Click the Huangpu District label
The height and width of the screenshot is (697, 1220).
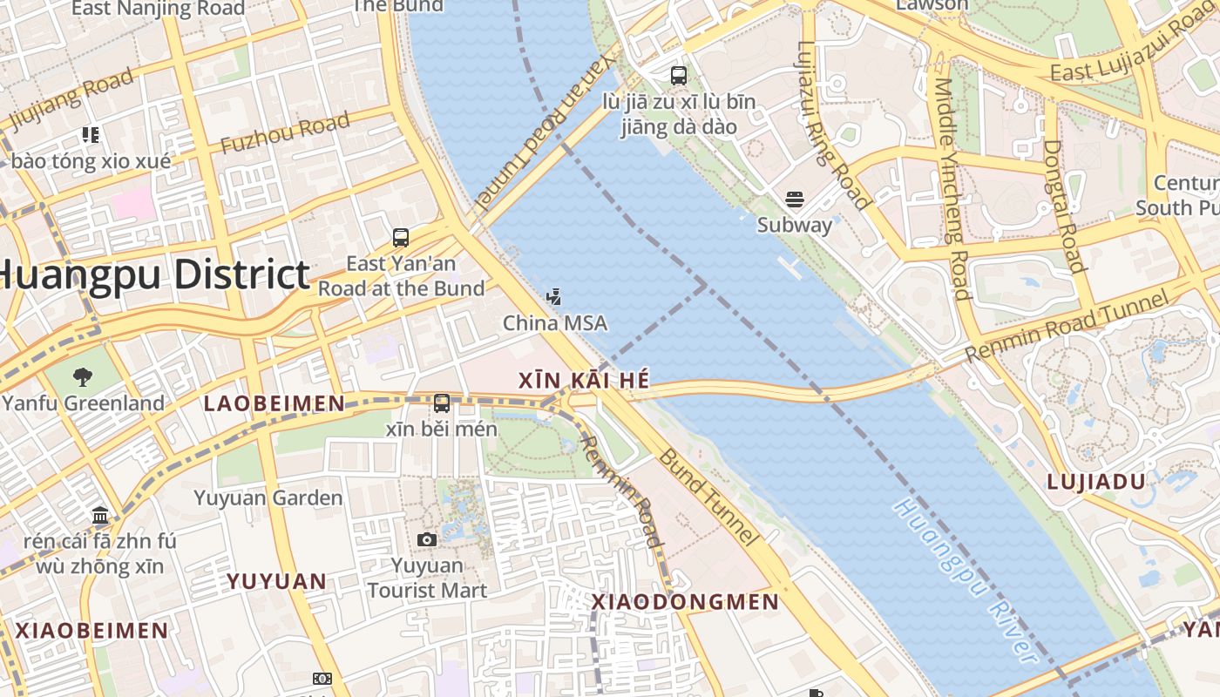pyautogui.click(x=155, y=274)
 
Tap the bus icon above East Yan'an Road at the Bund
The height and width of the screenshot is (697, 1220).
pyautogui.click(x=401, y=237)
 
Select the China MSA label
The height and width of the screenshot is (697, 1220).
pyautogui.click(x=555, y=323)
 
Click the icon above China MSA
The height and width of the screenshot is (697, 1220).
pyautogui.click(x=554, y=297)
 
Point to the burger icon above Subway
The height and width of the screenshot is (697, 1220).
pyautogui.click(x=794, y=200)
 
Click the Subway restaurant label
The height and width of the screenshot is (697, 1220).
pyautogui.click(x=794, y=225)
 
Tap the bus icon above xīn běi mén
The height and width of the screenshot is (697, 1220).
pyautogui.click(x=442, y=403)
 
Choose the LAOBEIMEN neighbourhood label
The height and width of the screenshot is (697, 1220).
pyautogui.click(x=274, y=403)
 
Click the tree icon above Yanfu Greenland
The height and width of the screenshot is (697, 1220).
pyautogui.click(x=83, y=377)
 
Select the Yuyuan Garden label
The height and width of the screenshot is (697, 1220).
pyautogui.click(x=268, y=498)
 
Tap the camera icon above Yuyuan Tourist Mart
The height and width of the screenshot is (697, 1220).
pyautogui.click(x=427, y=540)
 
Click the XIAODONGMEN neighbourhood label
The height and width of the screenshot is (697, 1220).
pyautogui.click(x=685, y=602)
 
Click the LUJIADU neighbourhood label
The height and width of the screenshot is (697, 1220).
pyautogui.click(x=1095, y=482)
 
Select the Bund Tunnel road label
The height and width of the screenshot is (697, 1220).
pyautogui.click(x=707, y=497)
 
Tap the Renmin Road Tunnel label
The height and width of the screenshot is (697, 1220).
pyautogui.click(x=1067, y=328)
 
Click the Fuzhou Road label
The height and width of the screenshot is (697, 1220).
pyautogui.click(x=285, y=132)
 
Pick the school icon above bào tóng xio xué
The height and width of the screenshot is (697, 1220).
pyautogui.click(x=91, y=135)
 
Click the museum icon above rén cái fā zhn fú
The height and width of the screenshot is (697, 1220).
pyautogui.click(x=99, y=514)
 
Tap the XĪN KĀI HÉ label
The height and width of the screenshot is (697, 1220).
pyautogui.click(x=583, y=381)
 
